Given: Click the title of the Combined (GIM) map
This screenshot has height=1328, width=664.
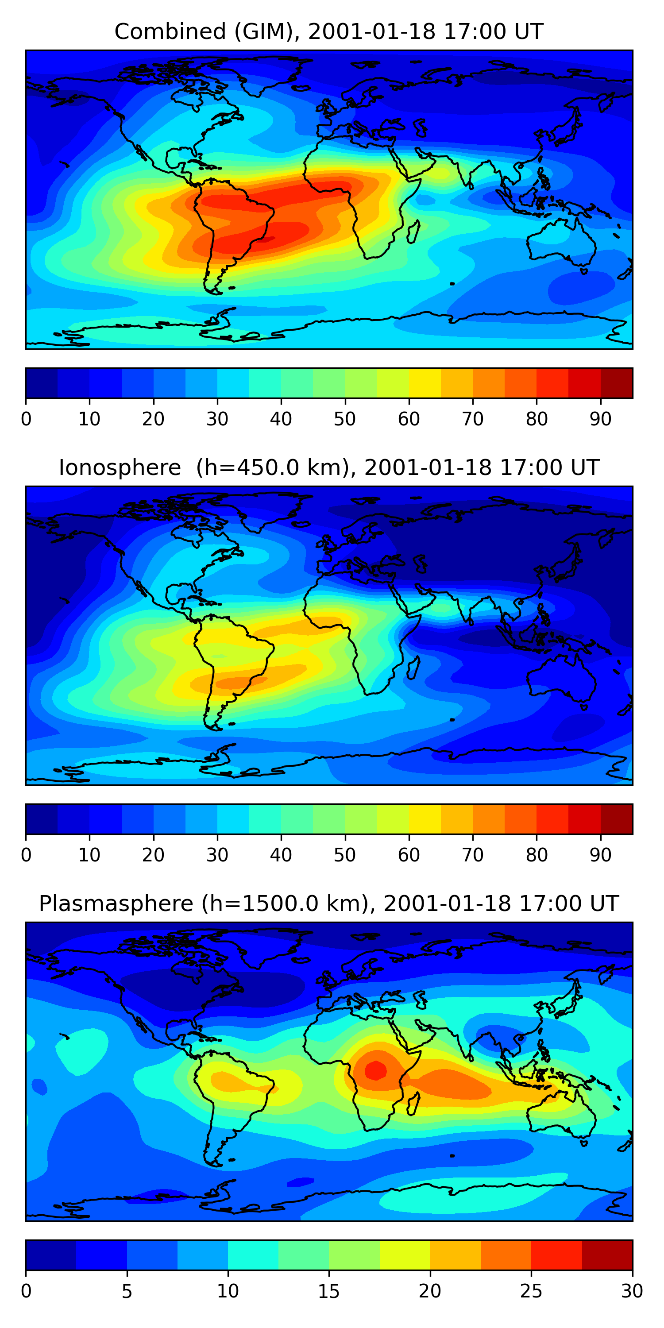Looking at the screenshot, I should (x=328, y=32).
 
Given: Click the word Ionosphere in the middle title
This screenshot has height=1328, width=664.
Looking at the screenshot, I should (x=120, y=468).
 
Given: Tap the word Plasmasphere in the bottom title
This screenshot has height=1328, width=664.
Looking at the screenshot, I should (x=116, y=904).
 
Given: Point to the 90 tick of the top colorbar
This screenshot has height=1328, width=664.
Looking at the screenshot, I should (x=601, y=419).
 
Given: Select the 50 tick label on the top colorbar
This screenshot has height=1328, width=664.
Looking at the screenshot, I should (x=344, y=419).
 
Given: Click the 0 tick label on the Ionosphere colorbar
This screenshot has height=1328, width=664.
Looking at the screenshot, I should (x=26, y=855).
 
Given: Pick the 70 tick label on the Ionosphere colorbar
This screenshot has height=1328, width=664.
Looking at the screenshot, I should (x=473, y=855).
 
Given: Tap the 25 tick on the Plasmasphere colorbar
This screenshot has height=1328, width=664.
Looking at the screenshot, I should (x=531, y=1291).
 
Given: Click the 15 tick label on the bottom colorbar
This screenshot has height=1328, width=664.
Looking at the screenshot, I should (x=328, y=1291).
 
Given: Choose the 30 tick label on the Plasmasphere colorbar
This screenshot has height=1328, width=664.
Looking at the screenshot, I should (x=632, y=1291).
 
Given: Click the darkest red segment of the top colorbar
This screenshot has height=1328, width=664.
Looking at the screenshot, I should (x=617, y=383).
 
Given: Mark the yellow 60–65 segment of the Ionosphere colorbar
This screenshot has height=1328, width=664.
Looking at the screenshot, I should (x=425, y=818).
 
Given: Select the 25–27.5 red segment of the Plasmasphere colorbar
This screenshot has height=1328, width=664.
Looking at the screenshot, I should (x=556, y=1255).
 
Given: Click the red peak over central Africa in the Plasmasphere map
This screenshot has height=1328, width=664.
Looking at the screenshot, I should (x=375, y=1071).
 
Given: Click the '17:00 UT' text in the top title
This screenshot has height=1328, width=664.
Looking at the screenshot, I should (x=494, y=32).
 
